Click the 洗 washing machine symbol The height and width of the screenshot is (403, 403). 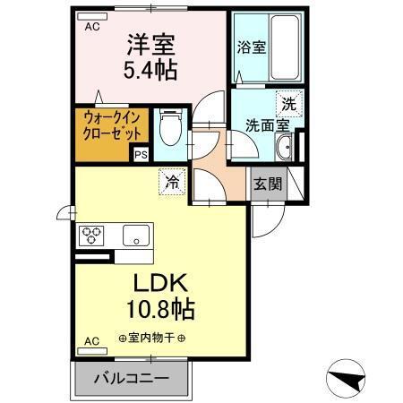tap(288, 103)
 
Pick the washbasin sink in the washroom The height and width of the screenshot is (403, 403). tap(286, 149)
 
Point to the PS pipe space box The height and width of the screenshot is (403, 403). tap(141, 154)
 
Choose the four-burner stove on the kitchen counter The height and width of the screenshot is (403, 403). tap(93, 236)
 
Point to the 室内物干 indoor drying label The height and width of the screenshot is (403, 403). tap(151, 338)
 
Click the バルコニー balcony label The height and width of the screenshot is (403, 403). tap(133, 379)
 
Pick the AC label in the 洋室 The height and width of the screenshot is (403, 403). tap(92, 27)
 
